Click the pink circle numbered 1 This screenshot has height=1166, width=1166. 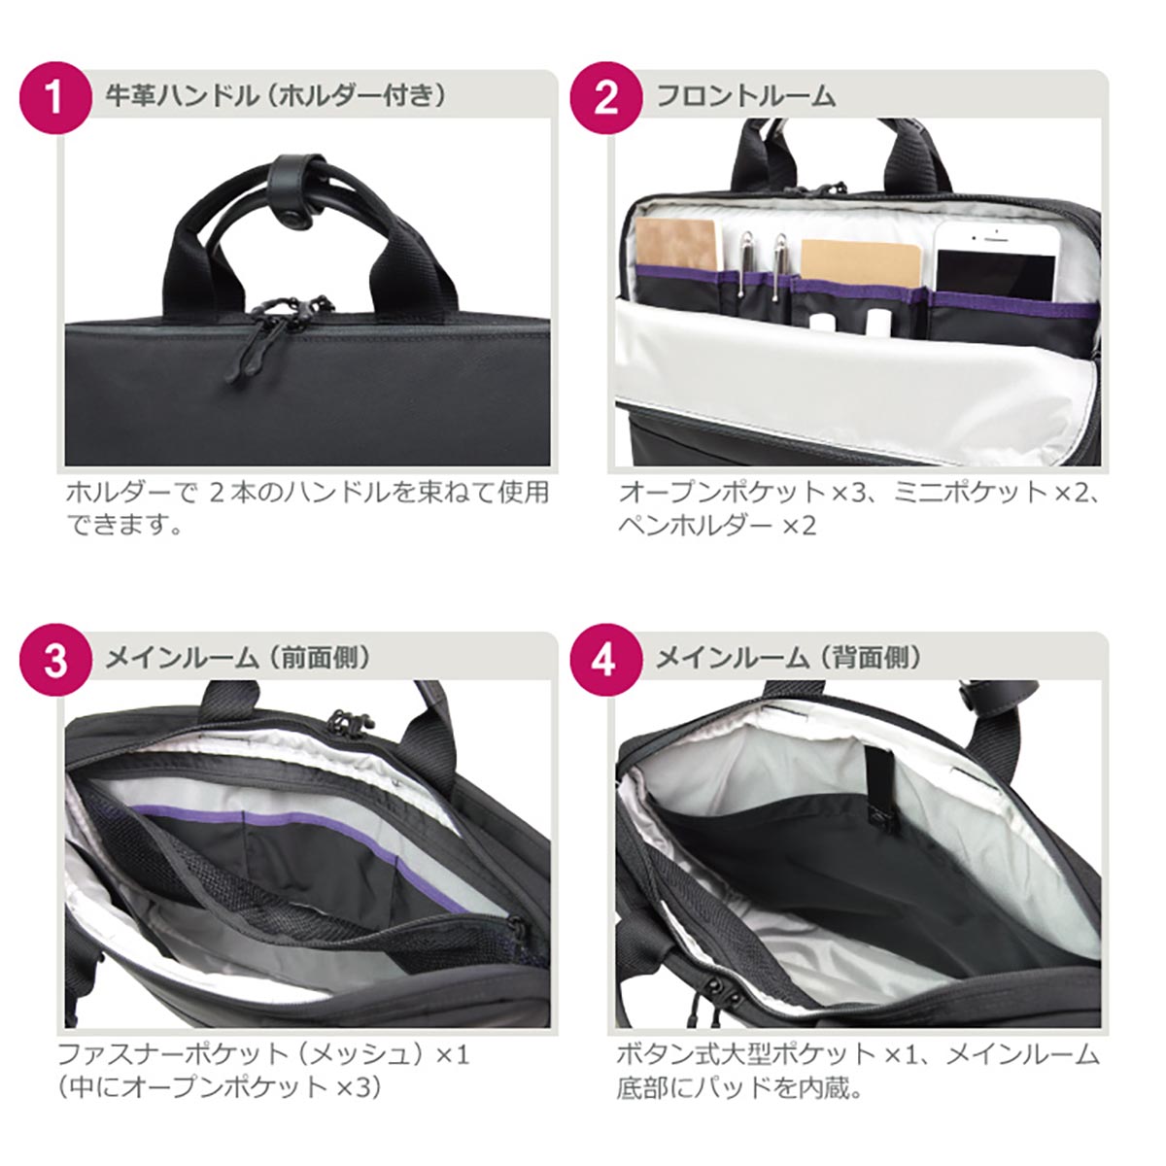coord(55,98)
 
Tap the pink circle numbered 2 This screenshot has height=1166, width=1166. coord(606,98)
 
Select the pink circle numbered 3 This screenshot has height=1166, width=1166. coord(55,660)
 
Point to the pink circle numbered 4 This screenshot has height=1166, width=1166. coord(606,660)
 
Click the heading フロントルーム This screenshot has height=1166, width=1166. coord(745,96)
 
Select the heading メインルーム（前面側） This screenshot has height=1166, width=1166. coord(238,658)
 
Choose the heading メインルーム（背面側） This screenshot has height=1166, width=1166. coord(789,658)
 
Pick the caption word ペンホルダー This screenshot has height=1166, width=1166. coord(695,526)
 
